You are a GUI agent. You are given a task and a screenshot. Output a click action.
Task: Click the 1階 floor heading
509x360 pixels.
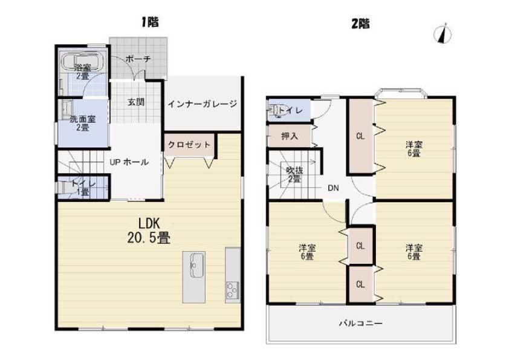[150, 22]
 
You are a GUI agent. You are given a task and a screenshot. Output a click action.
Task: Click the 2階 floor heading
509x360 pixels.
[361, 24]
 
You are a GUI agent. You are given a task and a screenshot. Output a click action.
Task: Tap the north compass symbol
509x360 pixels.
[443, 33]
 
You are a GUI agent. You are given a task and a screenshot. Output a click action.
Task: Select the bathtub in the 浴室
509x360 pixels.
[83, 61]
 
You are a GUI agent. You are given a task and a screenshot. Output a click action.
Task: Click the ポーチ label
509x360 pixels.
[138, 59]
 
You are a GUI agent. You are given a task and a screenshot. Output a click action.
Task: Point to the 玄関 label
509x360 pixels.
[136, 102]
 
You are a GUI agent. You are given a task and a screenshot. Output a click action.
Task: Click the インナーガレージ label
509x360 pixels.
[203, 104]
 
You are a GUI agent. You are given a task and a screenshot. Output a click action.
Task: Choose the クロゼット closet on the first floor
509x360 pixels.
[189, 145]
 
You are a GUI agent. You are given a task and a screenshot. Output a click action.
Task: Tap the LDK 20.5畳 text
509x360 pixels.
[149, 231]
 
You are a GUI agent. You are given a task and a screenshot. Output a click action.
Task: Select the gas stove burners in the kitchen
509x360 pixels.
[232, 290]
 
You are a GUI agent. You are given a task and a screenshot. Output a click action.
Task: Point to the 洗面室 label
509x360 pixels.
[83, 119]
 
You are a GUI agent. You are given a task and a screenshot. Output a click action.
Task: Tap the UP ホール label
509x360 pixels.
[129, 162]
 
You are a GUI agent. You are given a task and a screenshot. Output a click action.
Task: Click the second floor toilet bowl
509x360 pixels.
[274, 110]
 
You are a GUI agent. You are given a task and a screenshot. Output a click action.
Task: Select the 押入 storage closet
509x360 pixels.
[290, 136]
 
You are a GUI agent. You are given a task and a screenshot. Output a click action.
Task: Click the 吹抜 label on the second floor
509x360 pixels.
[295, 170]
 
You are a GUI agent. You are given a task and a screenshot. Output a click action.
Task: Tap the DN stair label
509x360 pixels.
[333, 188]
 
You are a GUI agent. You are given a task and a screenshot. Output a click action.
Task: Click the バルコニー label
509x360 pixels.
[361, 323]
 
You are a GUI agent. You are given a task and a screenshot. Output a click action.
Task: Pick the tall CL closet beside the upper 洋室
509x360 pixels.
[361, 136]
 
